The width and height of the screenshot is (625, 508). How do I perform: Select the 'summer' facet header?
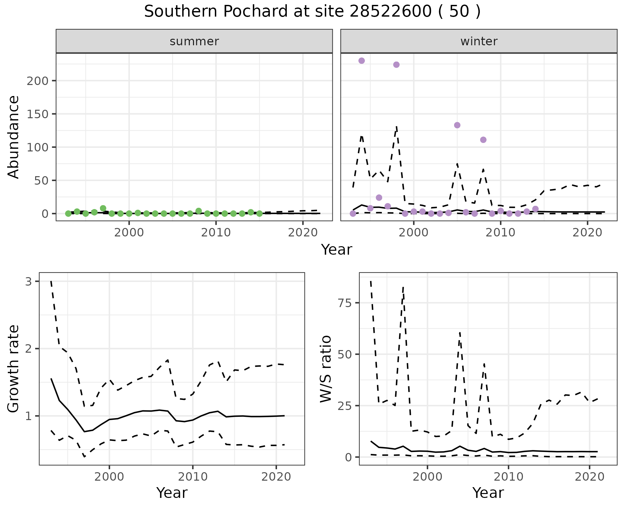(194, 41)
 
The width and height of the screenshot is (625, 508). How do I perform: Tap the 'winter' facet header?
(479, 41)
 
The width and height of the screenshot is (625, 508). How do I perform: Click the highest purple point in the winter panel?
(361, 61)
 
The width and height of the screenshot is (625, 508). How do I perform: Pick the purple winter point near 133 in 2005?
(457, 125)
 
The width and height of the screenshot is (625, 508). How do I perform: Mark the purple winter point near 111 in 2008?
(483, 140)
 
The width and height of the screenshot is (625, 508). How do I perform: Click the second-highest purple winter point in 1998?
(396, 64)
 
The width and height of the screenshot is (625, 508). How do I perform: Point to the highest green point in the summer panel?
(103, 208)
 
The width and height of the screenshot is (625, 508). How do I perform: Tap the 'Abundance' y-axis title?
(14, 137)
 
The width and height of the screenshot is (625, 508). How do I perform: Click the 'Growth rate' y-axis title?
(14, 369)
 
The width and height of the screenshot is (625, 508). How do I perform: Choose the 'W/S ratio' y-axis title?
(326, 369)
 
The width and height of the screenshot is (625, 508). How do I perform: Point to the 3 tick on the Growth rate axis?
(29, 281)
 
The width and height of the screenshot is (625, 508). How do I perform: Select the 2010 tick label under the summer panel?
(216, 233)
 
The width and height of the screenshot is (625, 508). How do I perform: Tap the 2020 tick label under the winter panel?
(588, 233)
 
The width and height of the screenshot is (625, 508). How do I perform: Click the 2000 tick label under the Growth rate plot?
(109, 477)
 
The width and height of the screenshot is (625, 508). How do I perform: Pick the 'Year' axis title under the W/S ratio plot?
(488, 493)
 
